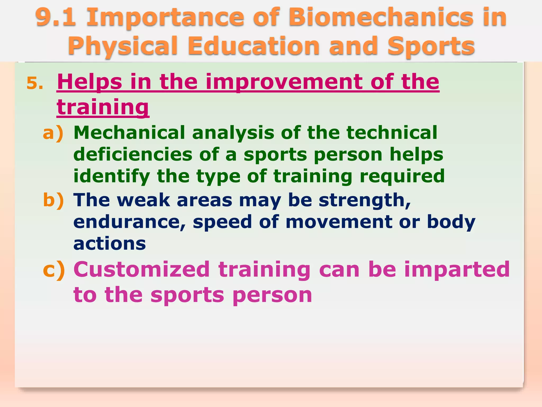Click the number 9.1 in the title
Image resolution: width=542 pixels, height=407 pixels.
coord(56,17)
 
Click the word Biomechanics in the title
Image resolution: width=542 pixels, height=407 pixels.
coord(381,17)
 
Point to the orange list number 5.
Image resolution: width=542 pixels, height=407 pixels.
coord(35,84)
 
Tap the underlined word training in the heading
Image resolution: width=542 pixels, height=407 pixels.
coord(103,107)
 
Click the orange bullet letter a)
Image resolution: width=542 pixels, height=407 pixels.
coord(53,133)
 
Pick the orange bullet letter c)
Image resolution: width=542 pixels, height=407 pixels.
coord(54,270)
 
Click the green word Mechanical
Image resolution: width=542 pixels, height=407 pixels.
coord(129,132)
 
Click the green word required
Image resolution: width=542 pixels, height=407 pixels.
coord(402,176)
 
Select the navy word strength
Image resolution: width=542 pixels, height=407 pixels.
coord(364,200)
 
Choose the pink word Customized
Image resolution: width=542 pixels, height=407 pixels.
coord(142,270)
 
